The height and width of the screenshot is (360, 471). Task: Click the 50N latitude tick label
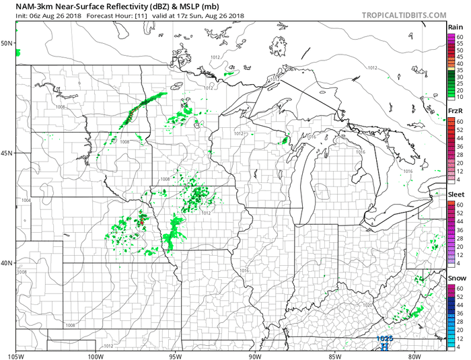8,43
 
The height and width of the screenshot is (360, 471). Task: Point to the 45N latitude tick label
8,153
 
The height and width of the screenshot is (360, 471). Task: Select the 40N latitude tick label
8,263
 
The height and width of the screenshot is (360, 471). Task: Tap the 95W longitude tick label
176,355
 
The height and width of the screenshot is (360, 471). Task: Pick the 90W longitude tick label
255,355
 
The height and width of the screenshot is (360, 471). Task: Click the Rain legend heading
455,27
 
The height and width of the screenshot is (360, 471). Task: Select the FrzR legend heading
455,111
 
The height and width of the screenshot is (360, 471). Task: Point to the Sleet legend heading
456,195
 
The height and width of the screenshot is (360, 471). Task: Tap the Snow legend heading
456,278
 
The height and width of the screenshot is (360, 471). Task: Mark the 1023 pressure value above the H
384,338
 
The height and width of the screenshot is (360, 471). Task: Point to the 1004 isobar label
26,201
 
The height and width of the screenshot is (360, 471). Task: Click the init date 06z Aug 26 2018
56,15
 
